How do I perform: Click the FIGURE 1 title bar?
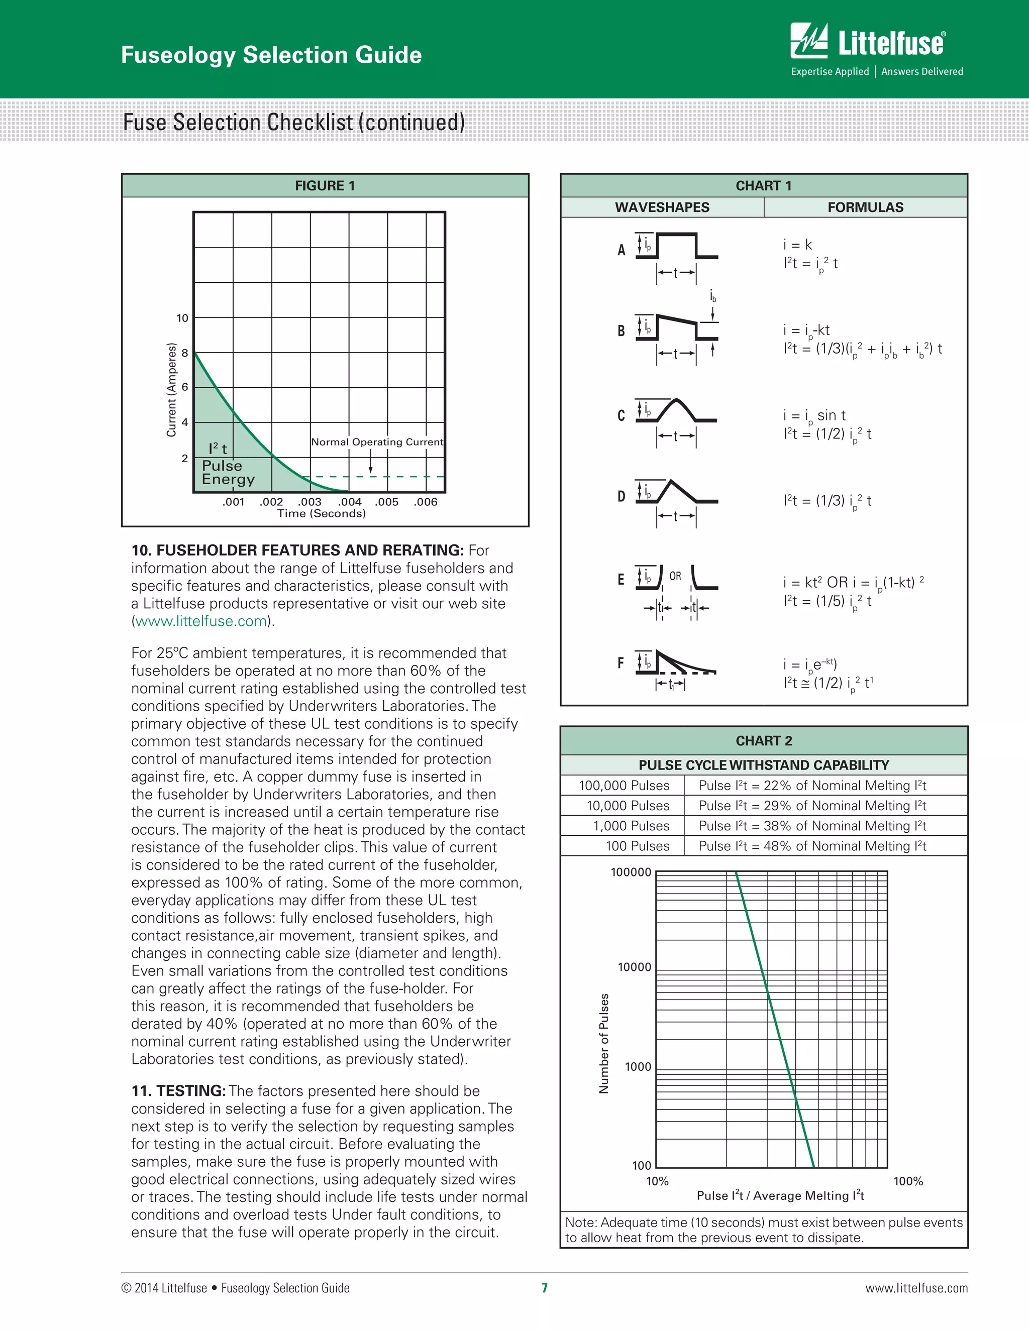pyautogui.click(x=325, y=186)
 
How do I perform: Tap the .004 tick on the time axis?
pyautogui.click(x=350, y=502)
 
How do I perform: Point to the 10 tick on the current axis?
pyautogui.click(x=182, y=318)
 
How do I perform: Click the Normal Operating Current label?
pyautogui.click(x=377, y=442)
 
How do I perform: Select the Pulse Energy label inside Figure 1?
pyautogui.click(x=228, y=472)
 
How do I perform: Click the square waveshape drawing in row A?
pyautogui.click(x=677, y=247)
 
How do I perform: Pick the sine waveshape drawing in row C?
pyautogui.click(x=677, y=411)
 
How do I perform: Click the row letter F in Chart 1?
pyautogui.click(x=621, y=663)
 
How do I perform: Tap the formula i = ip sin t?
pyautogui.click(x=814, y=416)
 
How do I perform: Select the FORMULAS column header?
pyautogui.click(x=865, y=207)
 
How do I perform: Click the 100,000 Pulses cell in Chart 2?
pyautogui.click(x=624, y=786)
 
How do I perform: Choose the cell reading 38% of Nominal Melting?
pyautogui.click(x=812, y=826)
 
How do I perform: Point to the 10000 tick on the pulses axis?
pyautogui.click(x=634, y=967)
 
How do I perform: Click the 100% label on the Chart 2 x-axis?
pyautogui.click(x=908, y=1181)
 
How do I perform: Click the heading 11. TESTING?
pyautogui.click(x=178, y=1091)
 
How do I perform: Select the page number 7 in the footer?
pyautogui.click(x=544, y=1288)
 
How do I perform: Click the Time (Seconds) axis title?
pyautogui.click(x=321, y=513)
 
